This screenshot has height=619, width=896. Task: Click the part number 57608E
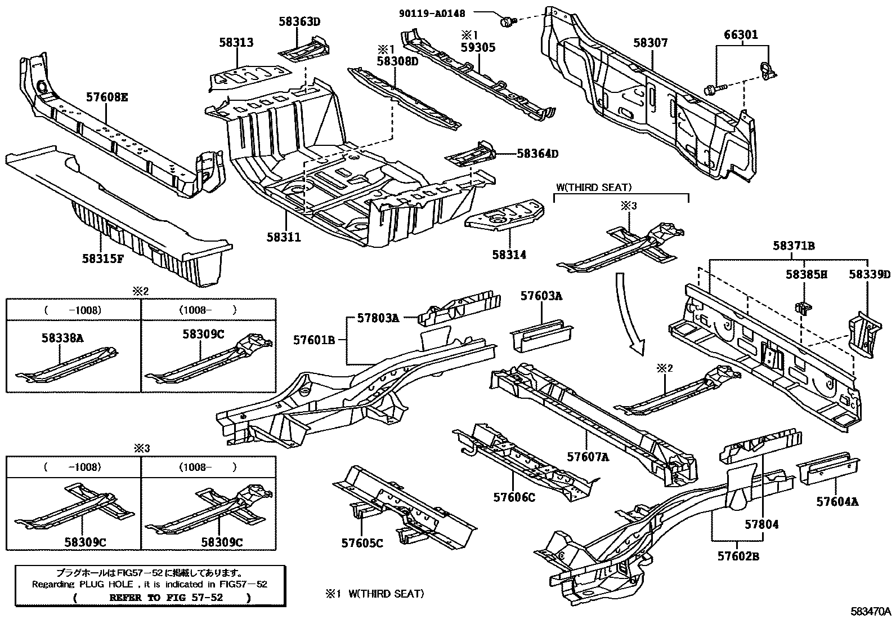pos(107,97)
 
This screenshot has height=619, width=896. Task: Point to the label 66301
pos(741,35)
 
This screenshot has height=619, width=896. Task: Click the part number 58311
pos(284,238)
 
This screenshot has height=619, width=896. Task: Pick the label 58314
pos(509,255)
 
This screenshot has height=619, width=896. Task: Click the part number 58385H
pos(807,274)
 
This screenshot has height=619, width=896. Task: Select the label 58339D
pos(870,274)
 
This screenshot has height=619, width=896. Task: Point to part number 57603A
pos(541,295)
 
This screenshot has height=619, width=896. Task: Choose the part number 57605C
pos(362,543)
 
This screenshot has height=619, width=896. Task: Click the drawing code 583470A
pos(871,612)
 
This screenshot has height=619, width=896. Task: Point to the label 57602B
pos(738,556)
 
